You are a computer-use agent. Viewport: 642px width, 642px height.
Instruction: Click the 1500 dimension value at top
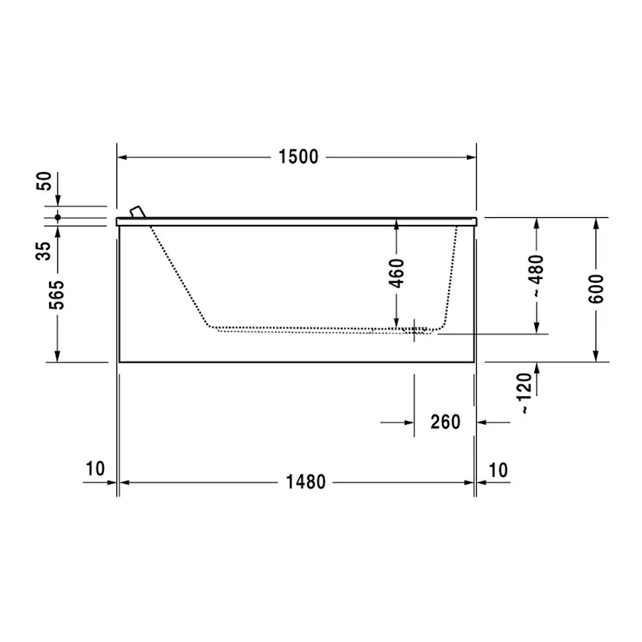(299, 157)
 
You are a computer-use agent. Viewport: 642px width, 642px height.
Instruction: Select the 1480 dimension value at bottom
(305, 482)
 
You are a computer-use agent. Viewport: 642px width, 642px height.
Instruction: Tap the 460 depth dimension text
(396, 274)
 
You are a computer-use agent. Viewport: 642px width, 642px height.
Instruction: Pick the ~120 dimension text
(525, 393)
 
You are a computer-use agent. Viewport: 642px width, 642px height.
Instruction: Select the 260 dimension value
(445, 423)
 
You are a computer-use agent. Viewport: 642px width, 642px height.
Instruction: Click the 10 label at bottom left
(95, 469)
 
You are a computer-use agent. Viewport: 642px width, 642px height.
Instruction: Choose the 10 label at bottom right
(499, 469)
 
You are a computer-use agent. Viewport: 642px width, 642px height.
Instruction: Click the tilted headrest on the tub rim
(137, 212)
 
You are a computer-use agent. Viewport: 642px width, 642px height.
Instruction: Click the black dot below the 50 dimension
(57, 217)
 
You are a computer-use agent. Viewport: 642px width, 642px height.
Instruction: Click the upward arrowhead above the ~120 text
(536, 368)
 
